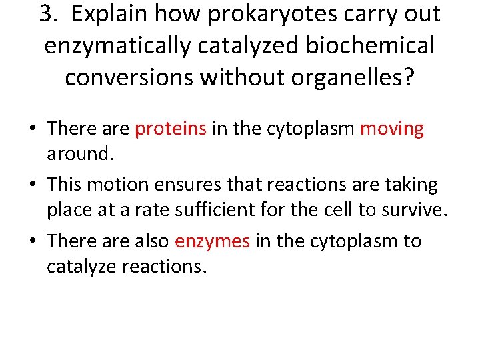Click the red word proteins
coord(171,129)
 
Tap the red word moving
coord(392,129)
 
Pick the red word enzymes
coord(212,241)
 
